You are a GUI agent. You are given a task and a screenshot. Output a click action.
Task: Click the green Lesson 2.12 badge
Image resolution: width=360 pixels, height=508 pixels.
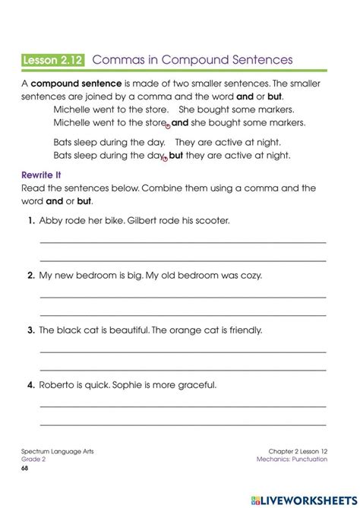coord(54,59)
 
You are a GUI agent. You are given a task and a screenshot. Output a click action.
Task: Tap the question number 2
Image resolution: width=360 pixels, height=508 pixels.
coord(31,276)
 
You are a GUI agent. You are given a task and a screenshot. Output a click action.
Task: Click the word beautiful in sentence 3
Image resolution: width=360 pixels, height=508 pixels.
coord(125,330)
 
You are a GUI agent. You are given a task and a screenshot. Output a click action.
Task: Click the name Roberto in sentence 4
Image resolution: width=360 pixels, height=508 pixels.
coord(58,385)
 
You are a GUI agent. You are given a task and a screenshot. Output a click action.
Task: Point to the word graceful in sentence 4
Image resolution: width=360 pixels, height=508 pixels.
coord(197,385)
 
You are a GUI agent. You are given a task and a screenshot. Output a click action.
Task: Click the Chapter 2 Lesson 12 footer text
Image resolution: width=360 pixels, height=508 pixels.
coord(298,451)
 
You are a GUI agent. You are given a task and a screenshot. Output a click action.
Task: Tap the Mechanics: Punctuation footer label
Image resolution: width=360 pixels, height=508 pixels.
coord(292,459)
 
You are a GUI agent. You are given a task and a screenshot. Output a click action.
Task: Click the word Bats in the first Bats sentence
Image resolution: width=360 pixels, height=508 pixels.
coord(63,141)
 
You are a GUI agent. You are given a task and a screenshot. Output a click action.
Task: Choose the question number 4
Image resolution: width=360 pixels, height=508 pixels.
coord(31,385)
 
